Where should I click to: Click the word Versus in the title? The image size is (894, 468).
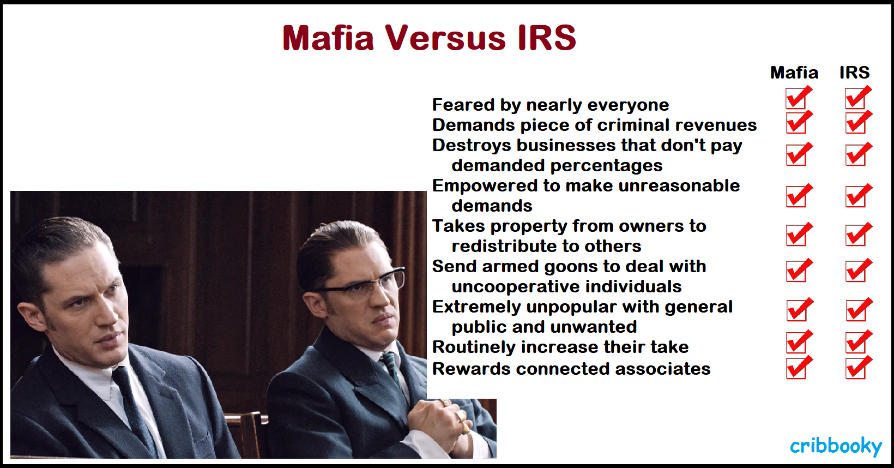point(445,38)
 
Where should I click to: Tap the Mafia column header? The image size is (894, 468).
point(794,73)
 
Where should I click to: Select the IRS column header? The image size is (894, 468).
point(855,73)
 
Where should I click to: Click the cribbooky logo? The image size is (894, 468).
point(836,446)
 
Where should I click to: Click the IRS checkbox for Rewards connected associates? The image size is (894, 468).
point(857,368)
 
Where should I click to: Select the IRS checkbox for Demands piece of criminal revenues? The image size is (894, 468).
point(857,122)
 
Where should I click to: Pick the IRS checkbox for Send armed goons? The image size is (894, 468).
point(857,271)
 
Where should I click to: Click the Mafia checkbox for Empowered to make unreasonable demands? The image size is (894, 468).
point(798,196)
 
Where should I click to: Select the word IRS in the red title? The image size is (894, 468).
point(547,38)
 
